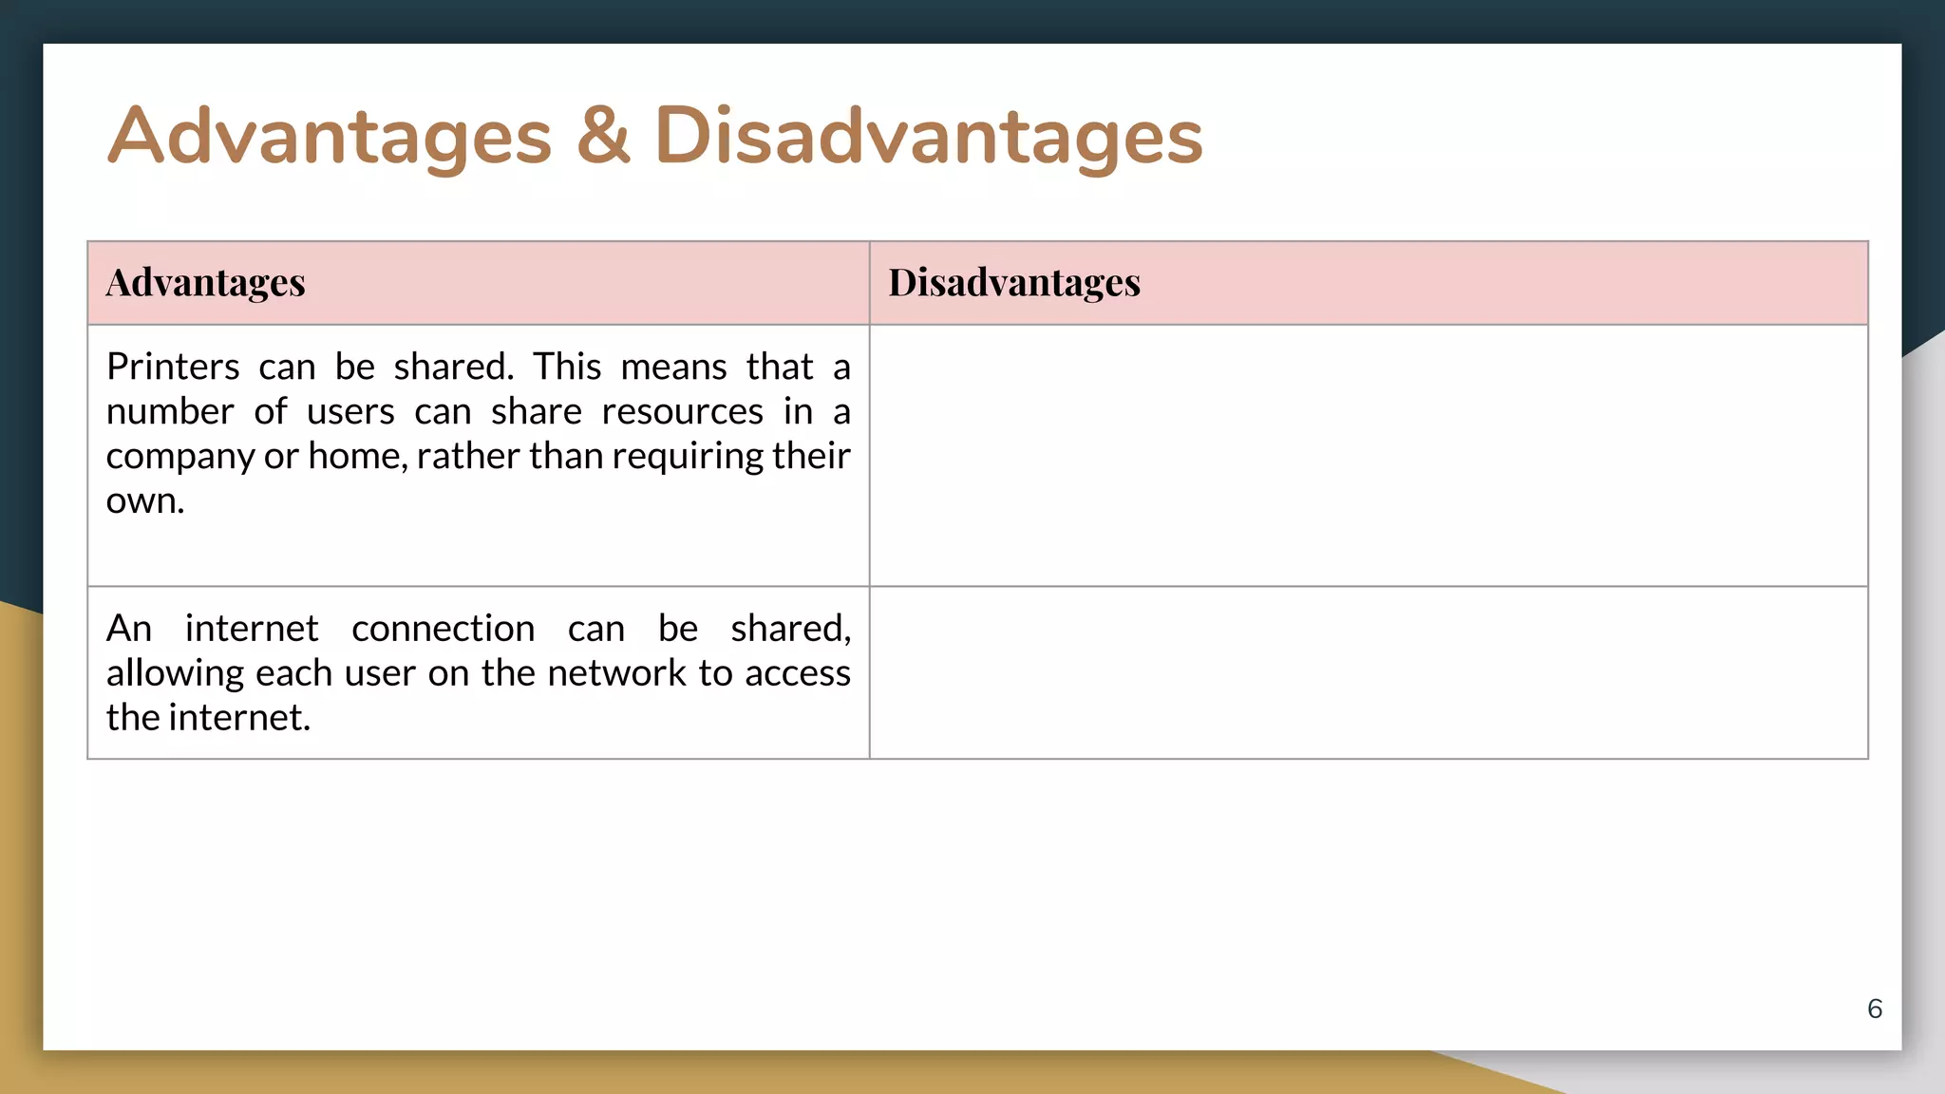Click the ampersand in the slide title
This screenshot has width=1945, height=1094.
pyautogui.click(x=603, y=136)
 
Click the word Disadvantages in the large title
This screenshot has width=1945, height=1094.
pyautogui.click(x=928, y=136)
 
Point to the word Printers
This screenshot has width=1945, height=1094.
pyautogui.click(x=173, y=367)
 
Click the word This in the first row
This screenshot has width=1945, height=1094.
pyautogui.click(x=567, y=367)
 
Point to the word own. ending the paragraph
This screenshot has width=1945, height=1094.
pyautogui.click(x=145, y=500)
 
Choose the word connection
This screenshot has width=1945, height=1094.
pyautogui.click(x=443, y=629)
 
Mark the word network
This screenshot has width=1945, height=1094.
pyautogui.click(x=616, y=673)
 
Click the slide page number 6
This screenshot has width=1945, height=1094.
pyautogui.click(x=1874, y=1009)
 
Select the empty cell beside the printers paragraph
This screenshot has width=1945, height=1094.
pyautogui.click(x=1368, y=456)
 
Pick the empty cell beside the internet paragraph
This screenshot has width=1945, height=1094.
pyautogui.click(x=1368, y=672)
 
